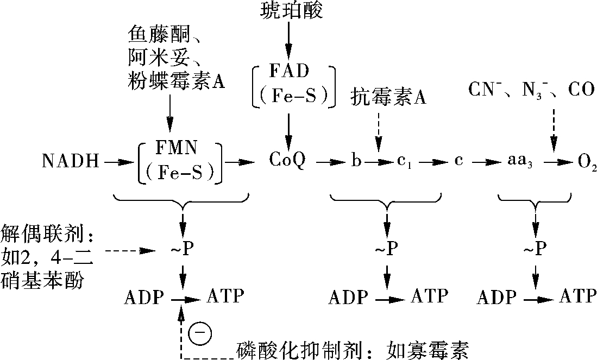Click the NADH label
coord(71,161)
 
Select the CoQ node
coord(287,160)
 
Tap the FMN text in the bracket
coord(177,148)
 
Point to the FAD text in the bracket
coord(290,71)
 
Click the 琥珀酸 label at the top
coord(292,10)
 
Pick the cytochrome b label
coord(356,161)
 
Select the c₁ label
coord(404,162)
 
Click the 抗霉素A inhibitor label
coord(388,97)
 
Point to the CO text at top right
coord(581,90)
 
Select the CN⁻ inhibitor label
coord(485,90)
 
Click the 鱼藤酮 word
coord(159,35)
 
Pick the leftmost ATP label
coord(225,296)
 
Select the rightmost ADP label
coord(497,297)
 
